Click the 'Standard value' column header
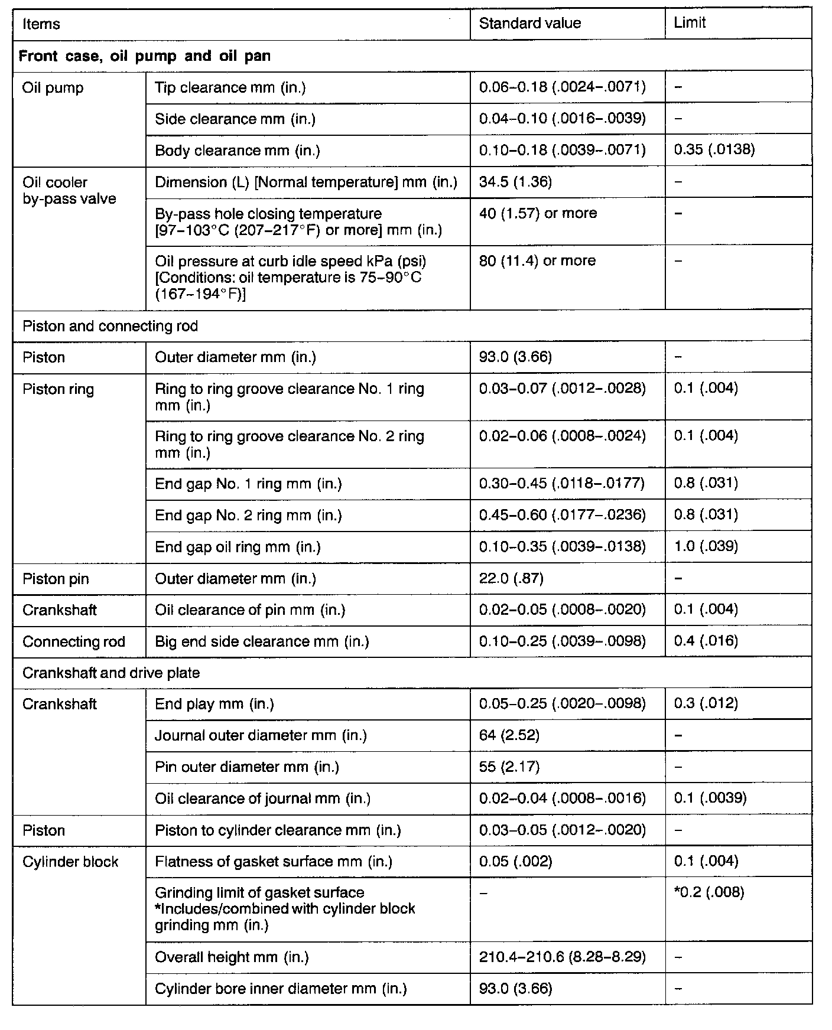coord(529,24)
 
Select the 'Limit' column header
coord(690,24)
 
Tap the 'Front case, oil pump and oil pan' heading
coord(145,56)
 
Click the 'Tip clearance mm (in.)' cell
coord(230,88)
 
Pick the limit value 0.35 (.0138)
coord(714,150)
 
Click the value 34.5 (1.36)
coord(515,182)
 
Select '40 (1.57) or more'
coord(538,213)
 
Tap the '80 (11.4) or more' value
coord(537,260)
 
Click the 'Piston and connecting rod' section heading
coord(110,326)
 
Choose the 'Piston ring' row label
coord(58,389)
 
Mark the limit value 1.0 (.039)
coord(706,546)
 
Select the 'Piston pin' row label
coord(56,579)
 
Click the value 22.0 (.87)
coord(511,578)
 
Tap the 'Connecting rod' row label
coord(74,641)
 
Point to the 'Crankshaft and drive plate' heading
coord(111,673)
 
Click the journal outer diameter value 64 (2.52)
coord(509,735)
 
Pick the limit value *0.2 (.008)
coord(708,892)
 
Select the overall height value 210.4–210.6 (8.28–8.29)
coord(562,957)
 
